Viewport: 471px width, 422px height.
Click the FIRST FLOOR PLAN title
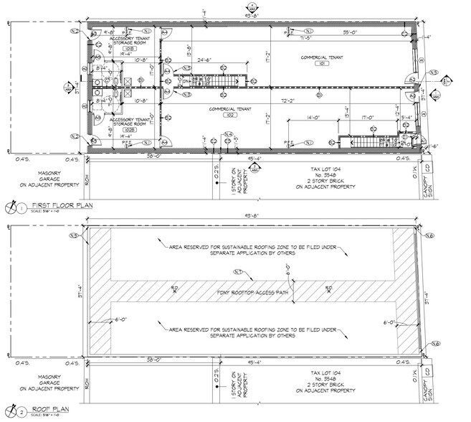(52, 206)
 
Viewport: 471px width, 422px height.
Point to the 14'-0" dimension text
(313, 116)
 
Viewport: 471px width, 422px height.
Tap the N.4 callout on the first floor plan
(228, 134)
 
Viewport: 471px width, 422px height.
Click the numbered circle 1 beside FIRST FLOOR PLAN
(22, 207)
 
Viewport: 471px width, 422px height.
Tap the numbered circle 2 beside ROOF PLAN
(22, 413)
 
